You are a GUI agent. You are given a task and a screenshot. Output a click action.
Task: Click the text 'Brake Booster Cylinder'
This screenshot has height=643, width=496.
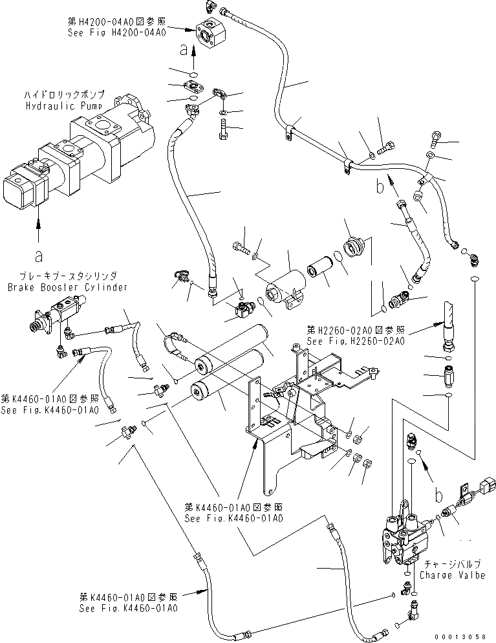(68, 287)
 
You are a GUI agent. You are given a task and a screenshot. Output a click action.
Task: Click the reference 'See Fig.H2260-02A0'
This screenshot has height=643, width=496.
(356, 341)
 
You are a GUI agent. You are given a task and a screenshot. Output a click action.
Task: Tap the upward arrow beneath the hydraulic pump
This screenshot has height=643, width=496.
(39, 223)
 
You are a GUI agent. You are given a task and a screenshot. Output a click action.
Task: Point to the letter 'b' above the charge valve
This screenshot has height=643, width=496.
(440, 496)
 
